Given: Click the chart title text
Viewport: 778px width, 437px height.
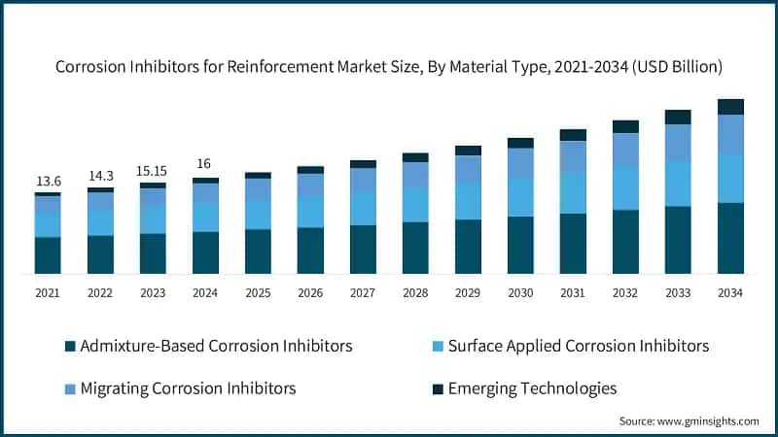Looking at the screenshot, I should [389, 67].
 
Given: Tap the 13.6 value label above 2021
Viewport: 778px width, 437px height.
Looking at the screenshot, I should [48, 182].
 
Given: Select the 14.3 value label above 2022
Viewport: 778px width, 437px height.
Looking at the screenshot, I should [100, 176].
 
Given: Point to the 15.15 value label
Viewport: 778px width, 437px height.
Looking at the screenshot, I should [153, 170].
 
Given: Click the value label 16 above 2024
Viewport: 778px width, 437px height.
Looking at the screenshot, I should [204, 164].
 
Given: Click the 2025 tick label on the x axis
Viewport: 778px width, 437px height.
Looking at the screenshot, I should [258, 292].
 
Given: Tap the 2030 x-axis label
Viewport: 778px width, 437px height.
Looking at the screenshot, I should [520, 292].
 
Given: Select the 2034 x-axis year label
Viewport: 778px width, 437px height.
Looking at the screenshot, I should [730, 292].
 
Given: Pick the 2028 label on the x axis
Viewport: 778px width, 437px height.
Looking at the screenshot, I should [415, 292].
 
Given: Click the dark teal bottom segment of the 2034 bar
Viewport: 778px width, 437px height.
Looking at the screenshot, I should [730, 238].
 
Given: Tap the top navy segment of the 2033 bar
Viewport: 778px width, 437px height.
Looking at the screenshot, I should [678, 117].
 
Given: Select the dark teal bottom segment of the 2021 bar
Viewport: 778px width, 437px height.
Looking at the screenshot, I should [48, 255].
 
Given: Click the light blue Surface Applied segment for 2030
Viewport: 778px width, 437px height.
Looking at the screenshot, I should [520, 197].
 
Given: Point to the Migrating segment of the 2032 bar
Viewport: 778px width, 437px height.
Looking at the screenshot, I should [625, 150].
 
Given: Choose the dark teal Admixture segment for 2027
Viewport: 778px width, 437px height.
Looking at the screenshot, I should [363, 250].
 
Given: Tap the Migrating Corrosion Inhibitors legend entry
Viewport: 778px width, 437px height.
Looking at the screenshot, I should [180, 388].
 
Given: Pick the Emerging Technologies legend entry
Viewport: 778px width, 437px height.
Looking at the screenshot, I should [524, 388].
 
